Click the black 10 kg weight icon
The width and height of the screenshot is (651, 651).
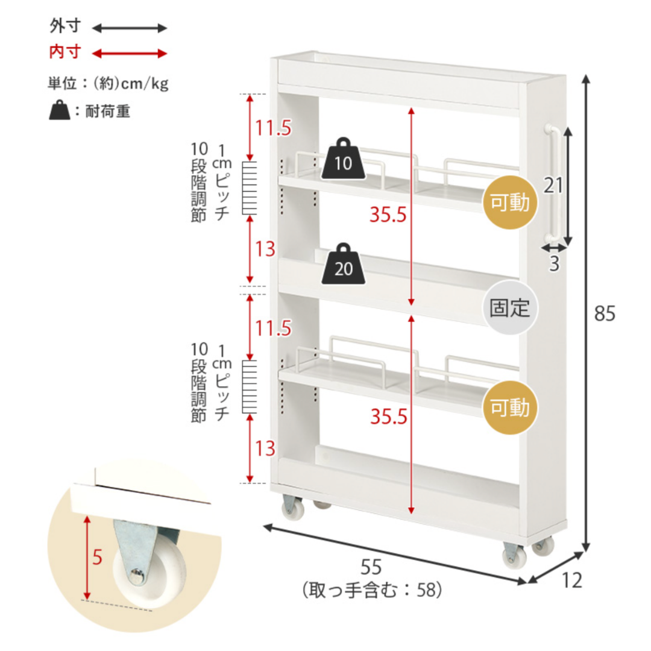344,159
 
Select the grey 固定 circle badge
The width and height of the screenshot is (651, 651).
510,307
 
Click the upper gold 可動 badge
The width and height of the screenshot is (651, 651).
510,202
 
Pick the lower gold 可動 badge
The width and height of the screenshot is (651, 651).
510,407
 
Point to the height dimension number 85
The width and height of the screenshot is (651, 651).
605,313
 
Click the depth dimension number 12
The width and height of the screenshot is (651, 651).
571,580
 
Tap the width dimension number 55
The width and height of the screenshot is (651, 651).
371,567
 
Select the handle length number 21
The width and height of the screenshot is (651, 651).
553,185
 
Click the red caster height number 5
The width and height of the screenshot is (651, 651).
97,557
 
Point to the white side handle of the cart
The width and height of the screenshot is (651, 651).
553,183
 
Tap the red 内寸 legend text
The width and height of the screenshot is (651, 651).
64,52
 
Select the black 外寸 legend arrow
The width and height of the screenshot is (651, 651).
130,28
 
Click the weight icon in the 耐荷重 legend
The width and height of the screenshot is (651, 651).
60,110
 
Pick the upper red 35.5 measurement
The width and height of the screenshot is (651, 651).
388,215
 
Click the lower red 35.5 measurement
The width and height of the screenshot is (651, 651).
389,417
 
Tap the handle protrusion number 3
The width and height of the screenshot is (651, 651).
555,263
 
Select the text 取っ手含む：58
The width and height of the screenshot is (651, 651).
371,590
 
